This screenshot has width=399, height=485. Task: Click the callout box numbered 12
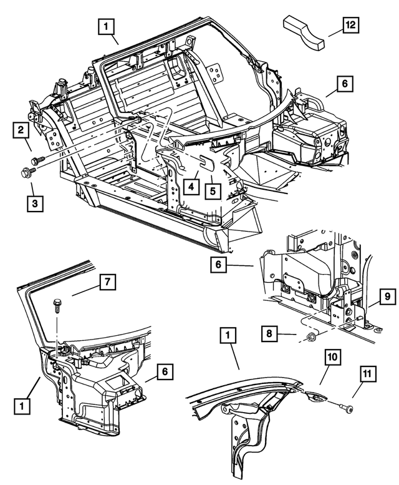point(351,26)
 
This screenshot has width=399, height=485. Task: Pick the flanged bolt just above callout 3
point(29,172)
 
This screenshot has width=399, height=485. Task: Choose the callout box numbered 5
point(214,189)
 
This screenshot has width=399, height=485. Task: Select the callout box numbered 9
point(386,295)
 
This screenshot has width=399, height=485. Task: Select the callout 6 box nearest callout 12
point(345,84)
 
